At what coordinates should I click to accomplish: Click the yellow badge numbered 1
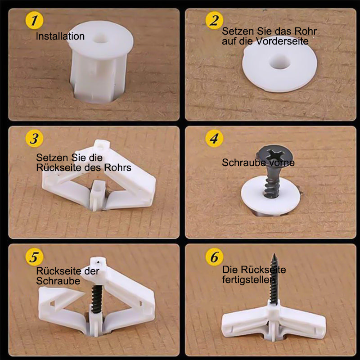[x=34, y=20]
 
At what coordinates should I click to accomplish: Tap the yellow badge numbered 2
[x=214, y=20]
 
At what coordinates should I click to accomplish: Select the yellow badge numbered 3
[x=34, y=139]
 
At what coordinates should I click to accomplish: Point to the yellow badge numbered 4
[x=214, y=139]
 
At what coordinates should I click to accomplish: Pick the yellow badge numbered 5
[x=34, y=256]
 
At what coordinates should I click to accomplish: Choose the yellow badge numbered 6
[x=214, y=256]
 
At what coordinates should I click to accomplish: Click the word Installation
[x=60, y=36]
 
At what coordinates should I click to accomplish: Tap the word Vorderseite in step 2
[x=282, y=41]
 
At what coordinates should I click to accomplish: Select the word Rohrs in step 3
[x=117, y=167]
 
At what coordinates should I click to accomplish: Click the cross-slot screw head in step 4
[x=274, y=155]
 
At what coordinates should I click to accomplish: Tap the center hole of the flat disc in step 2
[x=279, y=62]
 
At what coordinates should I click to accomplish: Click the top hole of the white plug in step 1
[x=100, y=38]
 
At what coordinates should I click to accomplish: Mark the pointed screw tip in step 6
[x=274, y=254]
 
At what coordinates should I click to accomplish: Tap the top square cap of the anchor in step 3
[x=102, y=144]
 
